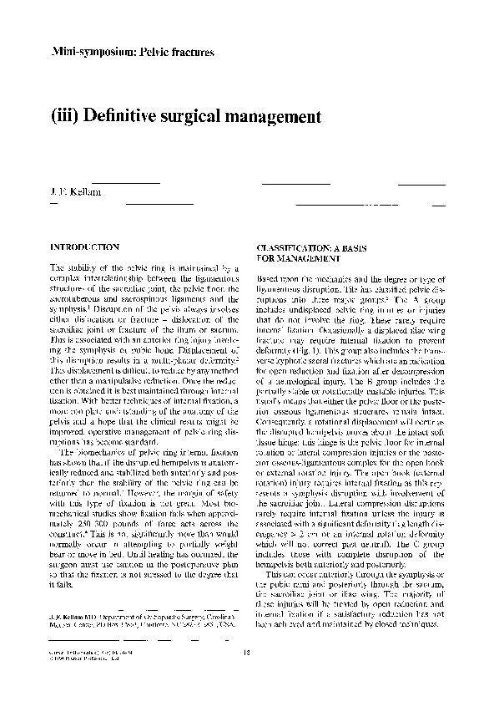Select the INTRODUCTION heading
(x=85, y=248)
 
